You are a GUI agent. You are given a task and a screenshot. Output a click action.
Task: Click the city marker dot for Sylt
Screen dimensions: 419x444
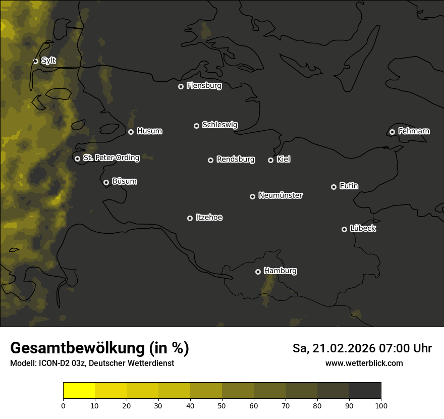[35, 61]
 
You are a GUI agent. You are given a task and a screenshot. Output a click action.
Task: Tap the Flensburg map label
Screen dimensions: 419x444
[204, 86]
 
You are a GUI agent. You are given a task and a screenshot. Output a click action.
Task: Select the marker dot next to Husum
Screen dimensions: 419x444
[131, 132]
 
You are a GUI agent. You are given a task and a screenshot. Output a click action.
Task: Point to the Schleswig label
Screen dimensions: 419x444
[219, 125]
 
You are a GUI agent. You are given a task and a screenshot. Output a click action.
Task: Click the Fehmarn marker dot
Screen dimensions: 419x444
[392, 132]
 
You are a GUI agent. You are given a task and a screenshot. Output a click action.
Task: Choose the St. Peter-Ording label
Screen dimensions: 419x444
[111, 158]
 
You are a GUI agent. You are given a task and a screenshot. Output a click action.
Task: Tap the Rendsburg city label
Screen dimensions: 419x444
[235, 160]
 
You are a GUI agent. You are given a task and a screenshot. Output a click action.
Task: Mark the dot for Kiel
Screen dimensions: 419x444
[270, 160]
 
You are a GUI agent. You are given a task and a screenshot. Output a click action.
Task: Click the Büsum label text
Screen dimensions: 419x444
[124, 181]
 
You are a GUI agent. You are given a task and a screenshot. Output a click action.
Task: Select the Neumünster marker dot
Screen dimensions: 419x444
[252, 196]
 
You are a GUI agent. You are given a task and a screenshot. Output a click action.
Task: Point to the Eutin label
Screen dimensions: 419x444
[349, 186]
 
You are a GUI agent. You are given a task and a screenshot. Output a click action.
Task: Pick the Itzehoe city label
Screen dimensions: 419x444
[209, 218]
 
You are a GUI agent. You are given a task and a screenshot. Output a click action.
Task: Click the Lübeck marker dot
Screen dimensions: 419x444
[344, 229]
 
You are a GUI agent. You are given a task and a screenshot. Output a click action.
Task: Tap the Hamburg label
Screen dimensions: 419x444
[280, 271]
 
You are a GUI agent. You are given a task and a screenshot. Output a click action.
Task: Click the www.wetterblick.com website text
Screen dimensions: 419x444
[364, 363]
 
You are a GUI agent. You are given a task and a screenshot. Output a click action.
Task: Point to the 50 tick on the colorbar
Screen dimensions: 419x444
[222, 405]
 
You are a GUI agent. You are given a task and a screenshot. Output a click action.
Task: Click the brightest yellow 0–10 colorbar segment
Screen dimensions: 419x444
[79, 391]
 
